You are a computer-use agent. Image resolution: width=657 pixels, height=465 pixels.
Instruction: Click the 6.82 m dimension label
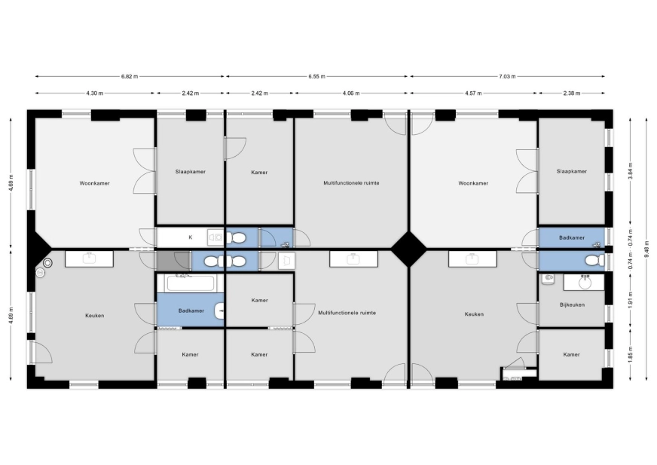tap(130, 76)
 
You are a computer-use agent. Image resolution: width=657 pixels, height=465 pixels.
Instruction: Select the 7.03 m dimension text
tap(507, 76)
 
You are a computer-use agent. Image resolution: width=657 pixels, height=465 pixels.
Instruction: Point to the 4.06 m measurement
tap(351, 93)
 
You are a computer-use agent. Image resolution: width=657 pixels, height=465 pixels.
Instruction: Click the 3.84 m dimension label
tap(631, 171)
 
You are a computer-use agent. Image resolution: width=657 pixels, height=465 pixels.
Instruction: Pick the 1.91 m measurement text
tap(631, 300)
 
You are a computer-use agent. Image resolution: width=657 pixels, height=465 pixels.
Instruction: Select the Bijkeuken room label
tap(572, 304)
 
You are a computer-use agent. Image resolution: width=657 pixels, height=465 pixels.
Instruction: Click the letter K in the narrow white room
tap(190, 237)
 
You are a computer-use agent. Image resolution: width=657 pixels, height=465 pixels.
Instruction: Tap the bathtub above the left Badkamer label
tap(191, 283)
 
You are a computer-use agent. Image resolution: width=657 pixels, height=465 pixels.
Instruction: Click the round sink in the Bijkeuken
tap(585, 283)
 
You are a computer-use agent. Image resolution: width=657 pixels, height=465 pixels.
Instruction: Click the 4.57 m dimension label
tap(473, 93)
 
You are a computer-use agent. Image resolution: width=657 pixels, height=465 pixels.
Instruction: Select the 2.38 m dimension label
tap(572, 93)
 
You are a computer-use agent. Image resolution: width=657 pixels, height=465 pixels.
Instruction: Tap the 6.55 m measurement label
tap(316, 76)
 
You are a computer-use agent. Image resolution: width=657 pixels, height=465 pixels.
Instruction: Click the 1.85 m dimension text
tap(631, 354)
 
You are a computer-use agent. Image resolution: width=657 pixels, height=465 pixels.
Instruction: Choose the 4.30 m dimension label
tap(95, 93)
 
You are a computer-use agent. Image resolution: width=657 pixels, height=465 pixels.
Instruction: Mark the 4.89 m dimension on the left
tap(11, 183)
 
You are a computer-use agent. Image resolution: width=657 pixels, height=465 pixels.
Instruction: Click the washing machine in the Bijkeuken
tap(548, 278)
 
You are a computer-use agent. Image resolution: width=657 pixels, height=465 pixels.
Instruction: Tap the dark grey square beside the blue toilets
tap(166, 261)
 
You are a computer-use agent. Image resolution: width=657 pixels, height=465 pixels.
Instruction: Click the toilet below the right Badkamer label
tap(594, 261)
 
